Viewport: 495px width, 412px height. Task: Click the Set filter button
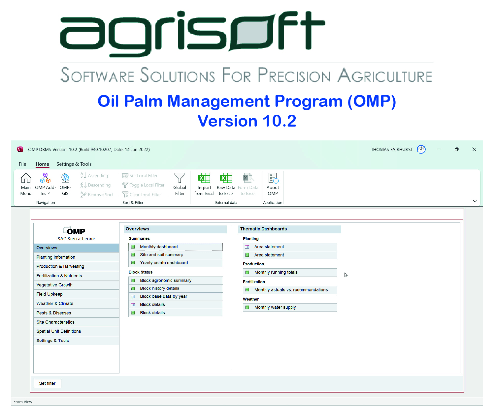47,383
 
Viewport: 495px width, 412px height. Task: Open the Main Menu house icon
26,178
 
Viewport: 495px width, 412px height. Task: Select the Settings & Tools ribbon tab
74,164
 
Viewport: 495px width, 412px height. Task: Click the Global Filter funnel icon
180,178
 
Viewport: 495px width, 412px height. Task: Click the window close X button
474,149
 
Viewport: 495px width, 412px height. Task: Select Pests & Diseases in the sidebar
54,313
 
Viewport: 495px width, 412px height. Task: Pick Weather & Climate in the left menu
55,304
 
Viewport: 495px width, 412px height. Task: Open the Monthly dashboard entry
159,247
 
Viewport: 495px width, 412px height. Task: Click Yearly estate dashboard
164,263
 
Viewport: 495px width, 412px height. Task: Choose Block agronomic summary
165,280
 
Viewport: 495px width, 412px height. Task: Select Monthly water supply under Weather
275,308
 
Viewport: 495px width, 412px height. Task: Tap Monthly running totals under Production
276,273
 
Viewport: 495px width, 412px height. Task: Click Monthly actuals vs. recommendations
291,290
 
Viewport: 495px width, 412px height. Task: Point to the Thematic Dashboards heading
263,229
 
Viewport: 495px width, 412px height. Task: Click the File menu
22,164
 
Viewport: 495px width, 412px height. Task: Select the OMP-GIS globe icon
65,178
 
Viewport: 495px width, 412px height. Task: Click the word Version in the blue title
227,121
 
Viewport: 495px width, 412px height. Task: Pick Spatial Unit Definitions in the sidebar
59,331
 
